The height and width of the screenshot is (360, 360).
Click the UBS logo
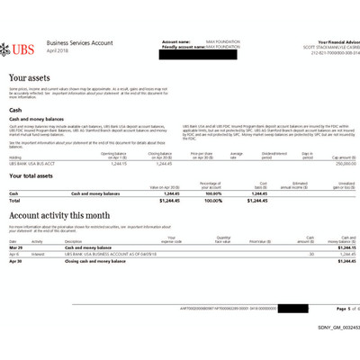click(21, 48)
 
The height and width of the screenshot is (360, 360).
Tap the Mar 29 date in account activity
click(14, 247)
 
